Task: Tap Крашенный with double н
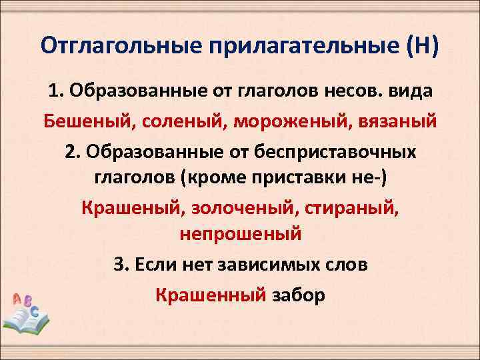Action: click(x=211, y=294)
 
